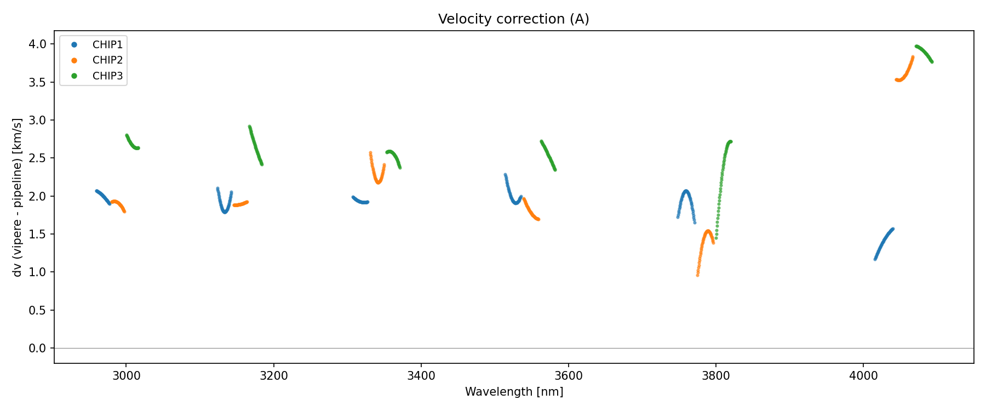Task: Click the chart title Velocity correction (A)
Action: pyautogui.click(x=513, y=19)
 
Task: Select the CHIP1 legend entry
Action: pyautogui.click(x=107, y=45)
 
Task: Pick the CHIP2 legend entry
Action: pyautogui.click(x=107, y=60)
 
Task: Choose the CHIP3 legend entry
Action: pyautogui.click(x=107, y=76)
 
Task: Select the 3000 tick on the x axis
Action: pyautogui.click(x=126, y=375)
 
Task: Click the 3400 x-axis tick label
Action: pyautogui.click(x=421, y=375)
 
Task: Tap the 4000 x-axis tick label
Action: pyautogui.click(x=863, y=375)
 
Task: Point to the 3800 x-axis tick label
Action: pyautogui.click(x=716, y=375)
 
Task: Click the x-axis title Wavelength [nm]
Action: pyautogui.click(x=514, y=392)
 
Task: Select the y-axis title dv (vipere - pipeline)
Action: pyautogui.click(x=18, y=197)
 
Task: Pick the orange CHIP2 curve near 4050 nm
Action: pyautogui.click(x=901, y=80)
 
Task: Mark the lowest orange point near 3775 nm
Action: pyautogui.click(x=697, y=275)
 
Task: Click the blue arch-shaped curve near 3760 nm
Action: pyautogui.click(x=686, y=191)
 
